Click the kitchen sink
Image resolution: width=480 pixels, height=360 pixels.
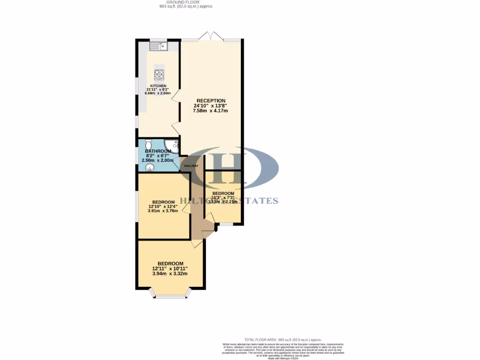pyautogui.click(x=158, y=46)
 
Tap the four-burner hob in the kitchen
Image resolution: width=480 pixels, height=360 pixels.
pyautogui.click(x=159, y=75)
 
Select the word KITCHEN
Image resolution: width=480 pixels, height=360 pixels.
pyautogui.click(x=158, y=86)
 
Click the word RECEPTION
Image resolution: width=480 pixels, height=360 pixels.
pyautogui.click(x=211, y=101)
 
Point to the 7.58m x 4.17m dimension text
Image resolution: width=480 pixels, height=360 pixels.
pyautogui.click(x=211, y=111)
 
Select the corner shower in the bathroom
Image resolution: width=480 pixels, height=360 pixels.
pyautogui.click(x=173, y=146)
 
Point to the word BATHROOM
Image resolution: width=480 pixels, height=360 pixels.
pyautogui.click(x=158, y=151)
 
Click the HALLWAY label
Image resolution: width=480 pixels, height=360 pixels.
pyautogui.click(x=191, y=166)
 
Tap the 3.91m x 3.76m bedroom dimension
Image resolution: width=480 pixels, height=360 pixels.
pyautogui.click(x=163, y=211)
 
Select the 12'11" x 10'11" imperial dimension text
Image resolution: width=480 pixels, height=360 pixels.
pyautogui.click(x=170, y=269)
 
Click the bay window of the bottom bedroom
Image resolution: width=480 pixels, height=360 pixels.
pyautogui.click(x=170, y=295)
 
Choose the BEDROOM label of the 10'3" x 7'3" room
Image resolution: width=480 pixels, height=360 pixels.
pyautogui.click(x=223, y=193)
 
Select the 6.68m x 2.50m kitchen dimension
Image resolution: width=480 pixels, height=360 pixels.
pyautogui.click(x=158, y=93)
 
